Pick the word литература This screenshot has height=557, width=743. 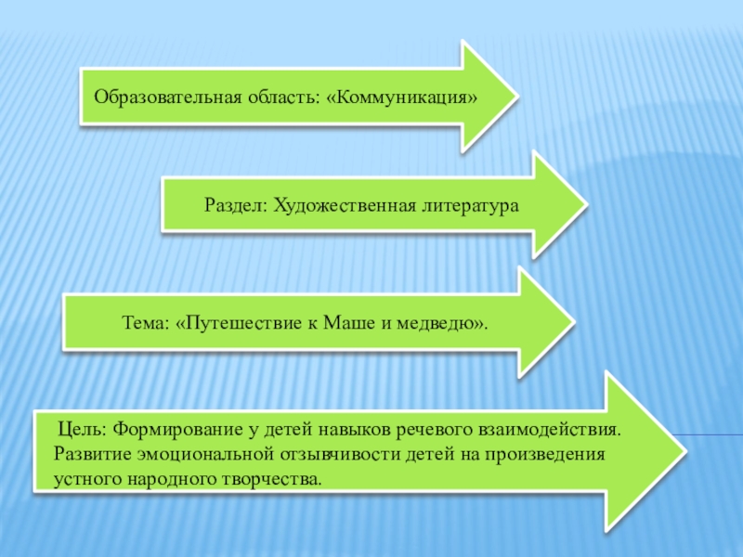click(469, 203)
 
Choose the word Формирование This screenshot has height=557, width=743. click(185, 432)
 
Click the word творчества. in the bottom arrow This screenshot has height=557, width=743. click(278, 480)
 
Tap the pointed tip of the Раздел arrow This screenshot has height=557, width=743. click(585, 204)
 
